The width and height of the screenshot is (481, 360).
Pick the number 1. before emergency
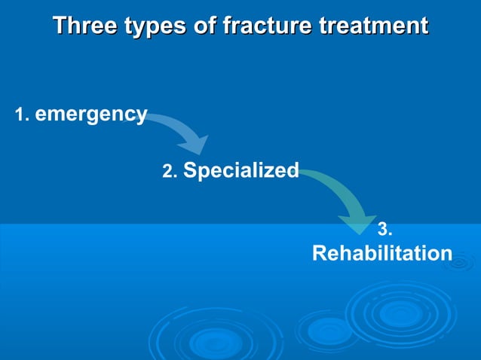tap(22, 115)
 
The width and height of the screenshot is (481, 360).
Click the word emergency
tap(91, 114)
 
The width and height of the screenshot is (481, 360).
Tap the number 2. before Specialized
tap(170, 172)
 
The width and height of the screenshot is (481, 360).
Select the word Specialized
tap(241, 171)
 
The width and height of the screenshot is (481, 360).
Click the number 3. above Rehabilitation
tap(384, 229)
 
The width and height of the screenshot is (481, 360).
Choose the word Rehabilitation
tap(382, 254)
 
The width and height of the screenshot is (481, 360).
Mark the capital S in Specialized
tap(191, 171)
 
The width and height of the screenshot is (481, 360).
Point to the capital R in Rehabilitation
tap(320, 254)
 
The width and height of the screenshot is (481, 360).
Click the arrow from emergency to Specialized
tap(181, 130)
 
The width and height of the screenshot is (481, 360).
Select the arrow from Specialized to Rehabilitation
tap(343, 192)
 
